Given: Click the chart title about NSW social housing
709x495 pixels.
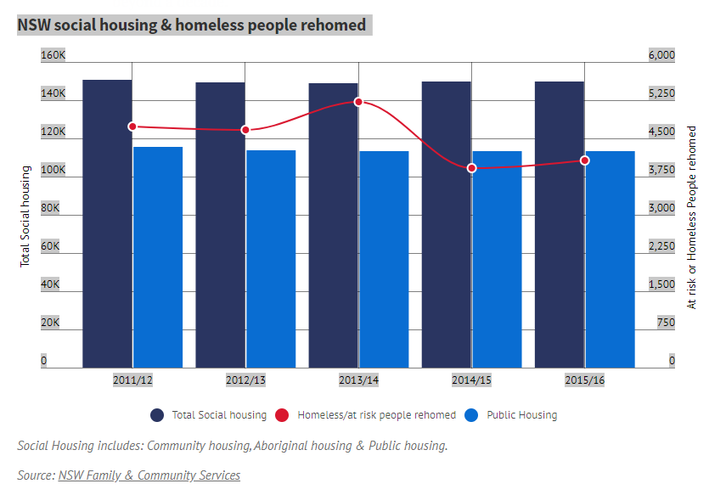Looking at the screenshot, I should [192, 25].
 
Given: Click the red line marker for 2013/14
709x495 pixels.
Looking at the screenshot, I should [358, 102].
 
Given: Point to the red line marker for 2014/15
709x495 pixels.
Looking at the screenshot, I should [471, 168].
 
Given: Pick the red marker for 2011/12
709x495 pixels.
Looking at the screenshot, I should [132, 127].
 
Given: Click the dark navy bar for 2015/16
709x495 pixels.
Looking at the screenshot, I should [559, 224].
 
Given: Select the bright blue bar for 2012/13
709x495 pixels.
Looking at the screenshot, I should [271, 259].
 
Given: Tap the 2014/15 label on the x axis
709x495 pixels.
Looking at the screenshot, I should [471, 380].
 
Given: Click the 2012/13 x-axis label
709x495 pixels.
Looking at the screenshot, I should [245, 380].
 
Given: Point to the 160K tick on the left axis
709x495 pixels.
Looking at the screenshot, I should [53, 55].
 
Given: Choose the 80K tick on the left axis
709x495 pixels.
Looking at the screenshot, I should [52, 208].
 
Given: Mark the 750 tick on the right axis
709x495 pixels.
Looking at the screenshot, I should [666, 323].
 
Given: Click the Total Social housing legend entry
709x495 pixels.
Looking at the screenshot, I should [209, 415].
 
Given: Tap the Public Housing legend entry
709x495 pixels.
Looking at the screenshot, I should [512, 415].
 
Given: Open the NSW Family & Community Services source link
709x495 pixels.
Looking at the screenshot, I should [149, 475].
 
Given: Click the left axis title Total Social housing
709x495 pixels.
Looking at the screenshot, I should [25, 217].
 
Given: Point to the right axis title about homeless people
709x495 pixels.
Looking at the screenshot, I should [691, 217].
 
